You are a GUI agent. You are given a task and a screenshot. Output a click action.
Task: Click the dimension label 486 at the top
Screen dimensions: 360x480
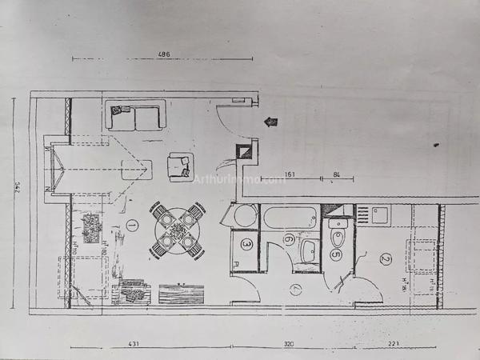tap(164, 54)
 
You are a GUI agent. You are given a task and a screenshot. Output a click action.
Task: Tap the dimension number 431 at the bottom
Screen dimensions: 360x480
tap(134, 344)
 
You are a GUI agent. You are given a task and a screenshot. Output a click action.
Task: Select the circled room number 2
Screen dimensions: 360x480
tap(385, 258)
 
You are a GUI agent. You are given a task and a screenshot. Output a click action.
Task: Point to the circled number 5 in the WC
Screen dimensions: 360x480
tap(336, 255)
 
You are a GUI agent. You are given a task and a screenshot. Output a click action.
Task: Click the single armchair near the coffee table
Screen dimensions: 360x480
tap(180, 166)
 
